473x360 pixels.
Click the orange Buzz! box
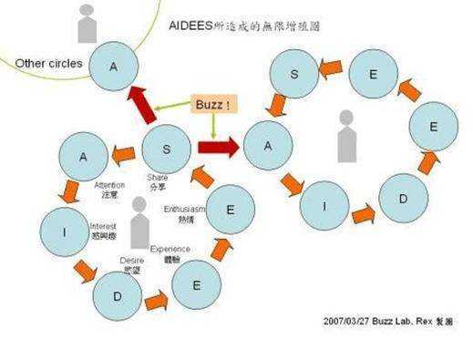click(x=214, y=106)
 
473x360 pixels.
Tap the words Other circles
click(x=49, y=64)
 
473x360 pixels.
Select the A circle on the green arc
click(x=114, y=66)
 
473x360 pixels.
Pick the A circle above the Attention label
click(x=82, y=157)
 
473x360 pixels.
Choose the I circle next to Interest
click(x=65, y=232)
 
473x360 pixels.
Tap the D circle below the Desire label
click(x=118, y=296)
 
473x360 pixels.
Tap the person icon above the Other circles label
click(x=87, y=25)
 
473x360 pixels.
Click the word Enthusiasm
click(x=181, y=210)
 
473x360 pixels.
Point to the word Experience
click(x=171, y=249)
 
